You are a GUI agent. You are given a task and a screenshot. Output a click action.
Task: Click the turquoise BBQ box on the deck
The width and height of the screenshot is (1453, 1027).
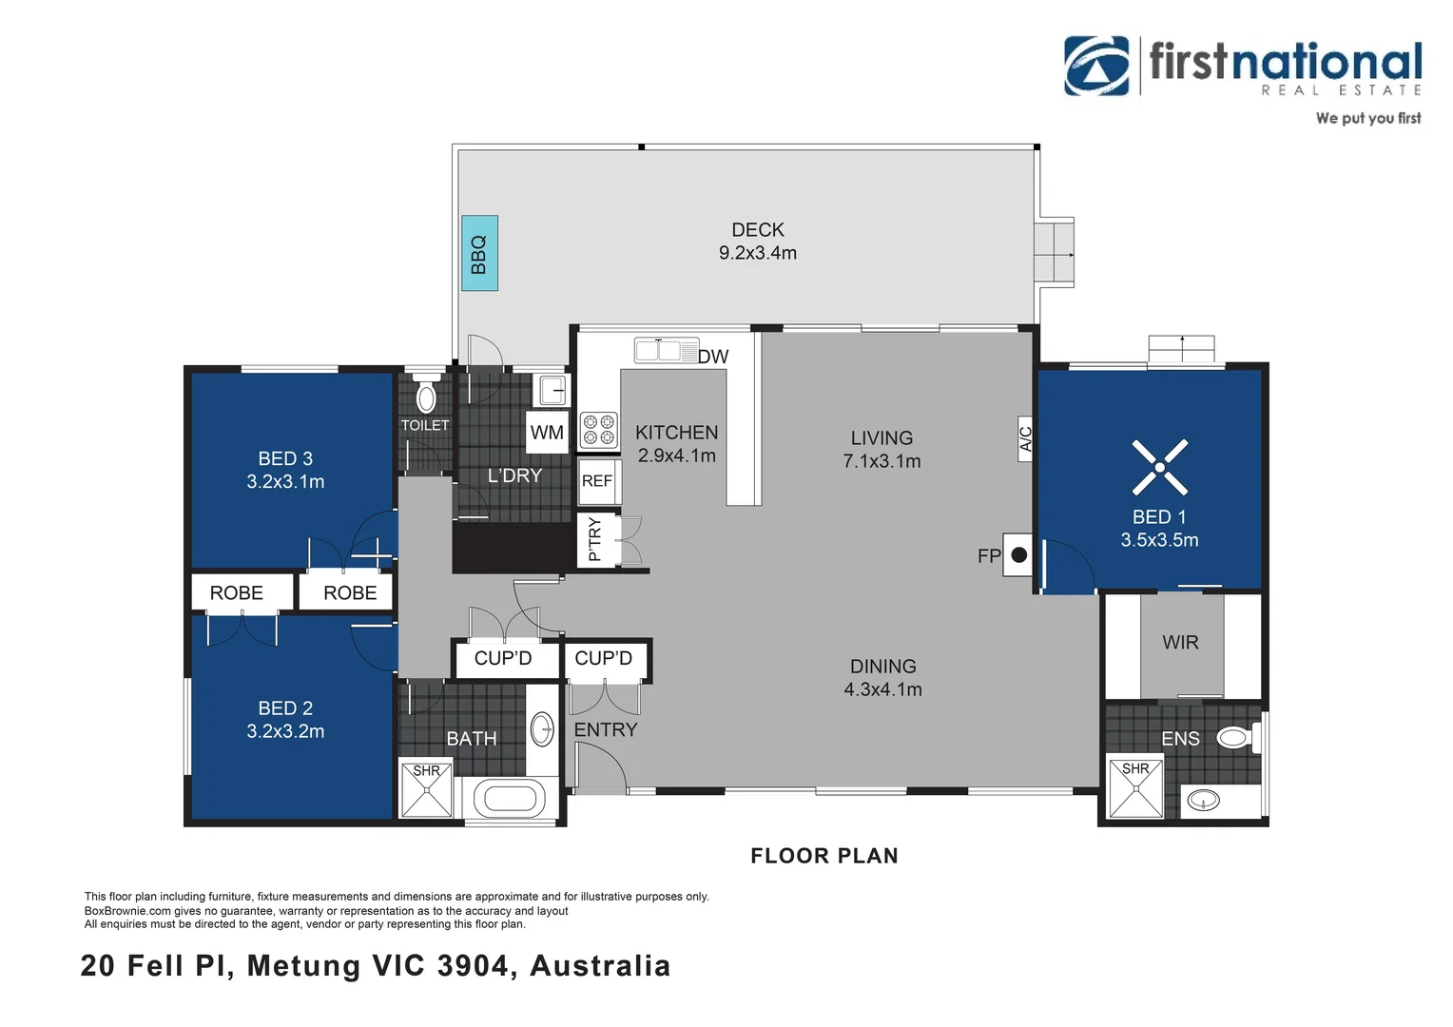(479, 253)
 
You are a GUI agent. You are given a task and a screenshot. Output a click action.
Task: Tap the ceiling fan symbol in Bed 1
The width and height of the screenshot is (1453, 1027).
(1160, 467)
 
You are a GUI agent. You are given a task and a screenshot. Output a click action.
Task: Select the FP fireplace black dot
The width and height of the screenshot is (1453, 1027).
(1019, 554)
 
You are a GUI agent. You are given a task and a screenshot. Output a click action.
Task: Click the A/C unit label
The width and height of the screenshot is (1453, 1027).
(1025, 438)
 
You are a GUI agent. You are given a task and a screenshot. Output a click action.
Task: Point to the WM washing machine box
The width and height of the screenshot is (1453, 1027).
(547, 432)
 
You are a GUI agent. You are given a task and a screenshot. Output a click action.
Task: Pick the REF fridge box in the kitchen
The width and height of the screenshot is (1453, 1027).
(597, 481)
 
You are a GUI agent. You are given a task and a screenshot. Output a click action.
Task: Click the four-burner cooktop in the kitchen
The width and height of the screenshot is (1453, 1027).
(598, 430)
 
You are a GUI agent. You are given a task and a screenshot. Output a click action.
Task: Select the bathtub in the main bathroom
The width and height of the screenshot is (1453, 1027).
(510, 798)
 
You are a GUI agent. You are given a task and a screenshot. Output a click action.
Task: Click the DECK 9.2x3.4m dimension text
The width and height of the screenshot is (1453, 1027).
(758, 253)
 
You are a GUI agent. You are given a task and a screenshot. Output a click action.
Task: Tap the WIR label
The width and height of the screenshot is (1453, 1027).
(1181, 642)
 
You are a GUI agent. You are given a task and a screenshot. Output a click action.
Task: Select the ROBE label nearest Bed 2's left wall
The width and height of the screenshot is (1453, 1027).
(236, 593)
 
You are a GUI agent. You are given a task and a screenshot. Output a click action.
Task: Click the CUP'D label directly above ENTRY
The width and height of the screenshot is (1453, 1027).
(603, 658)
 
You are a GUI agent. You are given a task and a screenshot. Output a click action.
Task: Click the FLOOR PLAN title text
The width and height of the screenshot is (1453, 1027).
(824, 856)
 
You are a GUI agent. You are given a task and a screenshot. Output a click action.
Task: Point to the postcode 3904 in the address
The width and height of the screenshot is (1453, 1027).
(473, 965)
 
